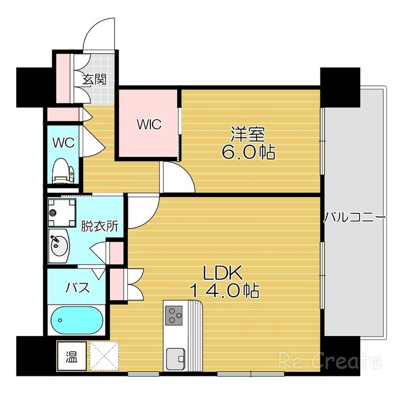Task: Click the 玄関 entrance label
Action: pos(95,79)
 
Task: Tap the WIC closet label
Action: pos(149,124)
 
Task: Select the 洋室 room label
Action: pos(247,134)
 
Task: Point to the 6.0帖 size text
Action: pos(249,153)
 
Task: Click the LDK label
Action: pos(223,273)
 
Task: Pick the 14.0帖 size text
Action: pos(224,290)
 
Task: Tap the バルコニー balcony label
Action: pos(355,217)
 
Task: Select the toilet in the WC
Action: pos(63,171)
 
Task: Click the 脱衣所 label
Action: pos(99,226)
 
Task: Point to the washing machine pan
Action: pos(62,212)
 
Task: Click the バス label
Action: pos(77,288)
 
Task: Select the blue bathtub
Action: pos(77,320)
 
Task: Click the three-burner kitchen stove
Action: pos(173,315)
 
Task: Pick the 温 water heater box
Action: pos(72,356)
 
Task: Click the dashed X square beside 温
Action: pos(104,356)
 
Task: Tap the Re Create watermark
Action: pos(329,360)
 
